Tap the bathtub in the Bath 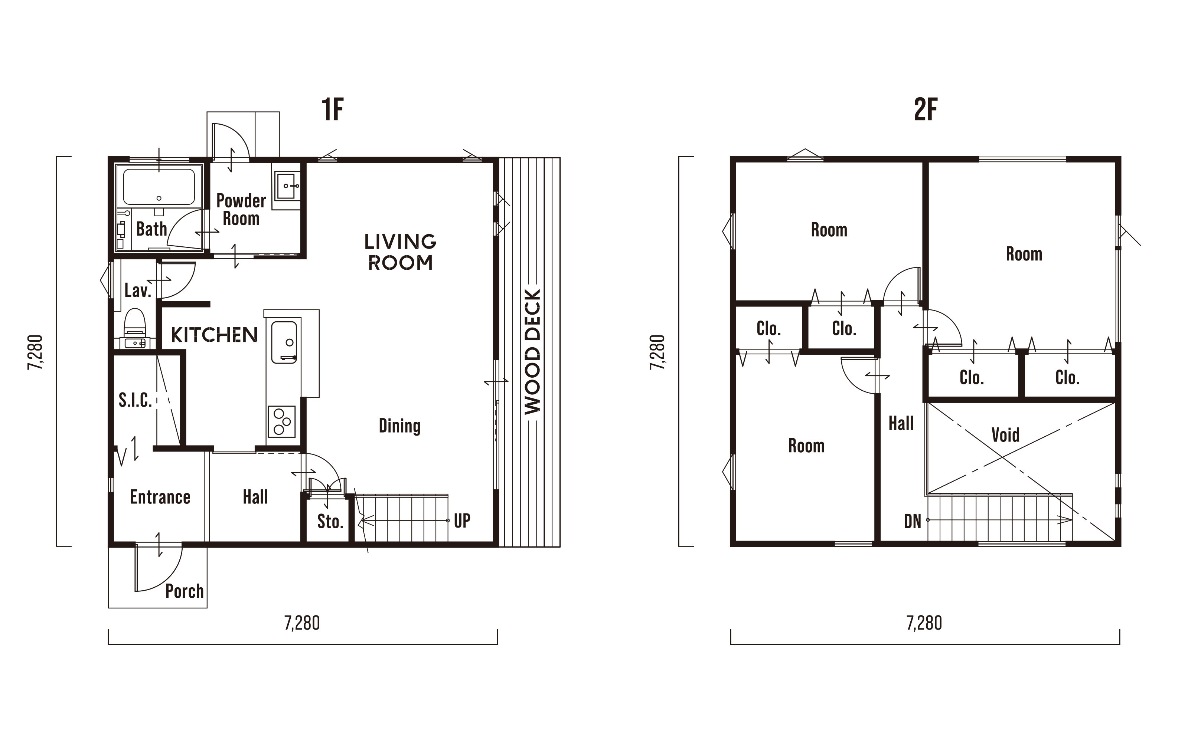point(159,187)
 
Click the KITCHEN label point(214,335)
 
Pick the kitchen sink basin point(284,342)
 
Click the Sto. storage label point(330,522)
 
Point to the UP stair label point(462,520)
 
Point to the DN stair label point(913,521)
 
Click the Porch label point(185,591)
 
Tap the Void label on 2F point(1005,435)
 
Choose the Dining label point(399,426)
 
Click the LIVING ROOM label point(400,252)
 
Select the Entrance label point(160,497)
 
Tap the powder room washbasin point(286,186)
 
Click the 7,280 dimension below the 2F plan point(924,623)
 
